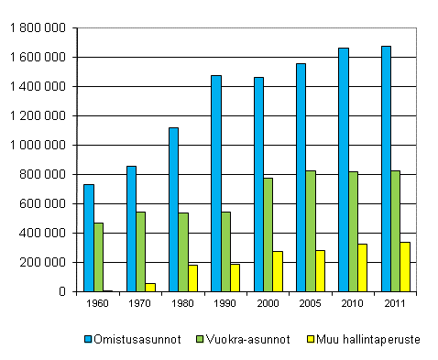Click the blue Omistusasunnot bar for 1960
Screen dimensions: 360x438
click(89, 238)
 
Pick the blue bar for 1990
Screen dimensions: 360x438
click(216, 183)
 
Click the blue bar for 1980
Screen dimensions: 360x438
click(173, 210)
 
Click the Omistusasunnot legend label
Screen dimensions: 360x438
click(126, 339)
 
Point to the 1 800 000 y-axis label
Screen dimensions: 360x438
click(39, 28)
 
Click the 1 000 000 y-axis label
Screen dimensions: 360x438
click(39, 145)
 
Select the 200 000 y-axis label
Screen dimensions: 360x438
click(45, 262)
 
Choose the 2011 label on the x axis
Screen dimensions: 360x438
click(395, 303)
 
